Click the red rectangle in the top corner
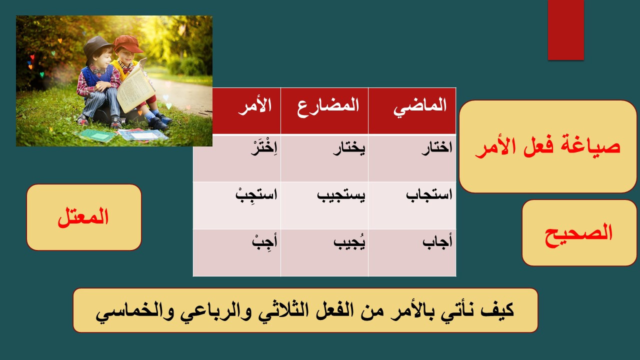(565, 30)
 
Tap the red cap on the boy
(127, 43)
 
